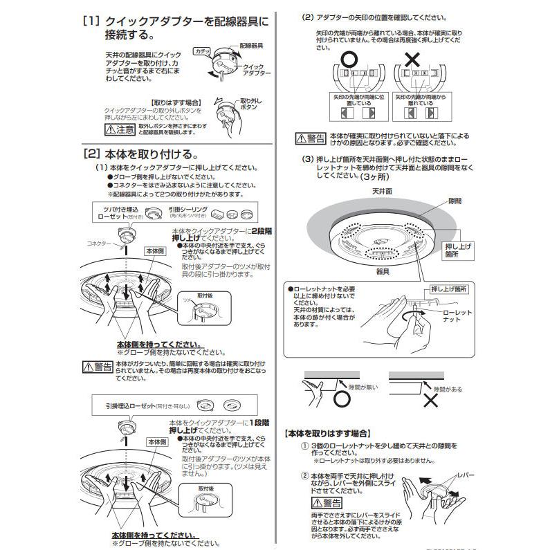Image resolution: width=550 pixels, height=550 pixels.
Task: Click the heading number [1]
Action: coord(91,21)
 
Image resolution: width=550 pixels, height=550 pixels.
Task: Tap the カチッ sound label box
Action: coord(202,52)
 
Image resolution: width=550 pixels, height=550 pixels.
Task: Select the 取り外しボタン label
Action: coord(252,104)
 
